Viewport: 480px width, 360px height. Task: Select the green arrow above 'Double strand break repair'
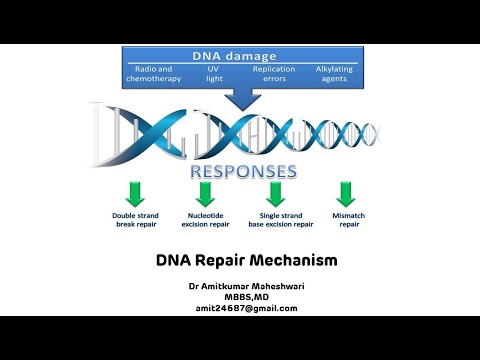(x=136, y=193)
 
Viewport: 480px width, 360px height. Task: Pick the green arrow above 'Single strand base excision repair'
(x=276, y=193)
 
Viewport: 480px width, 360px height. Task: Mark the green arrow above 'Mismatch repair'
(x=346, y=193)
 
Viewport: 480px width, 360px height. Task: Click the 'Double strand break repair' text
(x=136, y=220)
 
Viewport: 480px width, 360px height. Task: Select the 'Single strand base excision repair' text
(x=278, y=220)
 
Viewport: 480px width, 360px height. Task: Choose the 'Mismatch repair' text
(x=347, y=220)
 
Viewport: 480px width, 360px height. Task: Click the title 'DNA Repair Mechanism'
(x=246, y=261)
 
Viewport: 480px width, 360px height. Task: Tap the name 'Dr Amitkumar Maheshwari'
(x=246, y=287)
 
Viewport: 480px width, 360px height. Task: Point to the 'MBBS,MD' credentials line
(x=246, y=297)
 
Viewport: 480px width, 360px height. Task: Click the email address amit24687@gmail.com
(x=246, y=308)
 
